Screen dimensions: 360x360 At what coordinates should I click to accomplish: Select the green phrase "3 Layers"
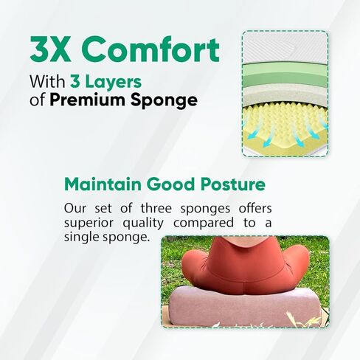tap(105, 83)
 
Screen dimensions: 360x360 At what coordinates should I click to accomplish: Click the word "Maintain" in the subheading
tap(103, 184)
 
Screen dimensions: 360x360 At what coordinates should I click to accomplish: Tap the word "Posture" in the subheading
tap(233, 184)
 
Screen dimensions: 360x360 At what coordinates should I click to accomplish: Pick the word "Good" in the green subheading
tap(171, 184)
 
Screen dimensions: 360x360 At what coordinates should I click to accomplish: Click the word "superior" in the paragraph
tap(89, 224)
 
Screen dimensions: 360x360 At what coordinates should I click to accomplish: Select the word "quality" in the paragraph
tap(143, 224)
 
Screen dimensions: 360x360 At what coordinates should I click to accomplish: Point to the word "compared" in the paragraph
tap(204, 224)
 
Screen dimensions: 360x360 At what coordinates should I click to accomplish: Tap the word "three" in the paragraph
tap(156, 209)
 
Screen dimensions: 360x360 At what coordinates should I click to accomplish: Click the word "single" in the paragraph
tap(81, 238)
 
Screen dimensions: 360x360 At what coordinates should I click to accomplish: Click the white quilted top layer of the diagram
tap(285, 48)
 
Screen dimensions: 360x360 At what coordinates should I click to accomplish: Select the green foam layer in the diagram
tap(285, 75)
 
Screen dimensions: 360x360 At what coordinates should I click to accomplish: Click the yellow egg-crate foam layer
tap(285, 130)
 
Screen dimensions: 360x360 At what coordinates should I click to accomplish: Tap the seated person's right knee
tap(194, 262)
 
